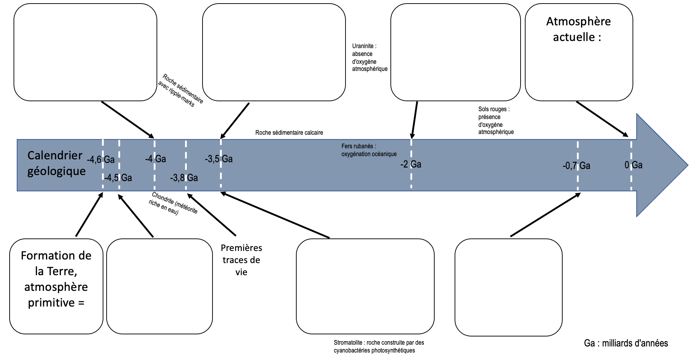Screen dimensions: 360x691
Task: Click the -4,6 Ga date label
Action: click(101, 159)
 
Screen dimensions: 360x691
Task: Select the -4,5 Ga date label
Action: click(118, 178)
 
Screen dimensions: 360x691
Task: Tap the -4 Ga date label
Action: click(155, 159)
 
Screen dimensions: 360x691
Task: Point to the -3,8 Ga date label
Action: click(184, 178)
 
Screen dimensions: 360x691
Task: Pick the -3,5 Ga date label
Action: click(219, 159)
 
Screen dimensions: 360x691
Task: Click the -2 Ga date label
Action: click(411, 164)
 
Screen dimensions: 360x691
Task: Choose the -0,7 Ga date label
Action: click(577, 165)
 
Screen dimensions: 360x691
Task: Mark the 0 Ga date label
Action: click(634, 165)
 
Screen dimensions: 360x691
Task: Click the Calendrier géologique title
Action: click(56, 163)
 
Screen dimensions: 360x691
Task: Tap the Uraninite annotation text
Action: click(369, 57)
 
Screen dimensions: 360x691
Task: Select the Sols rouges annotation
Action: click(496, 120)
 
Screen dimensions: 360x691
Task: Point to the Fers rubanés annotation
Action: click(369, 150)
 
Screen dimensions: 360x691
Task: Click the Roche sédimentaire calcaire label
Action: click(289, 133)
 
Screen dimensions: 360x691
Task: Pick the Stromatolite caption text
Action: click(379, 346)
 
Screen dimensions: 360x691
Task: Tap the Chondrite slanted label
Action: click(173, 204)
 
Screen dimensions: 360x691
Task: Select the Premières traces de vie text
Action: click(241, 260)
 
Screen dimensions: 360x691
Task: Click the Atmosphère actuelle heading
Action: click(578, 29)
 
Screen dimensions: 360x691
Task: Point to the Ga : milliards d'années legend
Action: click(626, 343)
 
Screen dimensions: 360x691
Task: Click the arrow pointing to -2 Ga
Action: click(415, 120)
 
